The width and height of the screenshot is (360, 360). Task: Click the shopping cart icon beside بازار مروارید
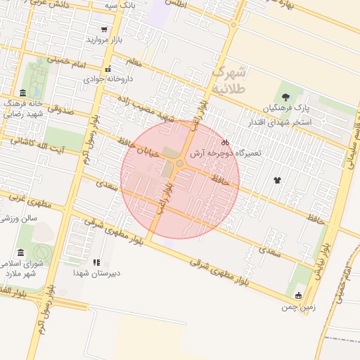pyautogui.click(x=104, y=30)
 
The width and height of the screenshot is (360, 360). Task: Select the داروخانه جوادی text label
pyautogui.click(x=109, y=79)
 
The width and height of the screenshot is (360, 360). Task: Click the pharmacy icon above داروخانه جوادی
pyautogui.click(x=108, y=69)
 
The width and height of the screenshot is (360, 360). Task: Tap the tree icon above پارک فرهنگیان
pyautogui.click(x=285, y=97)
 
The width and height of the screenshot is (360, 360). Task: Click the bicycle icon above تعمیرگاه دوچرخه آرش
pyautogui.click(x=224, y=144)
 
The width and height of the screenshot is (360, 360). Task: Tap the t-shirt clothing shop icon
pyautogui.click(x=278, y=180)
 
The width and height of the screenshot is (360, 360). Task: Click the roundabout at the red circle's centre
pyautogui.click(x=180, y=163)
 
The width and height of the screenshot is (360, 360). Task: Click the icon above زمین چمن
pyautogui.click(x=299, y=295)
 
